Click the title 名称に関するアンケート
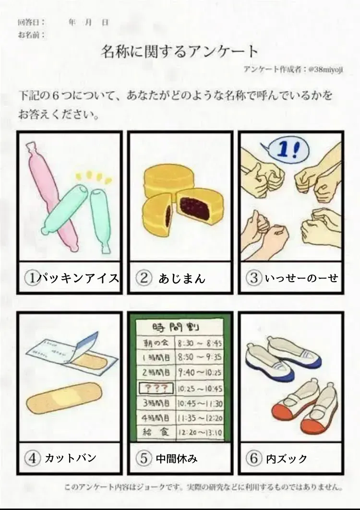click(x=180, y=52)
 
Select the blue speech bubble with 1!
click(x=286, y=150)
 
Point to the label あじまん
click(x=182, y=278)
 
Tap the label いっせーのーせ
click(x=301, y=278)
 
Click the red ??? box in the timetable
click(x=156, y=388)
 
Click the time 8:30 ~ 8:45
click(x=200, y=343)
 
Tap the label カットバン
click(x=70, y=458)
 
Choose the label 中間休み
click(x=177, y=459)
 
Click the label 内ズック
click(x=287, y=459)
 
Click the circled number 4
click(x=33, y=458)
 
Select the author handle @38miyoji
click(x=325, y=69)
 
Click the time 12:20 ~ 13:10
click(x=200, y=433)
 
